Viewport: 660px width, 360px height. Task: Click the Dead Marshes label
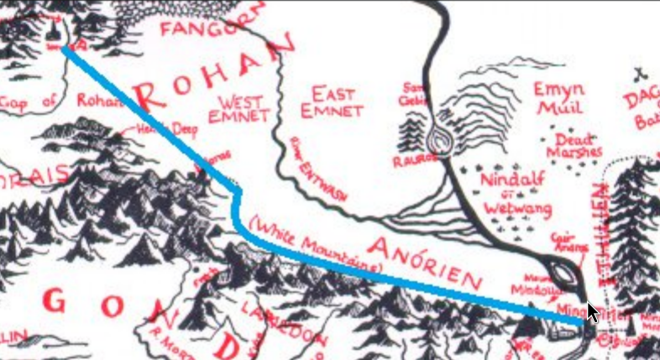tap(574, 145)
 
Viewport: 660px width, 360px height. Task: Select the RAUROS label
tap(411, 159)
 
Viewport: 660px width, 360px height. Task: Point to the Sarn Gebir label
tap(415, 93)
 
